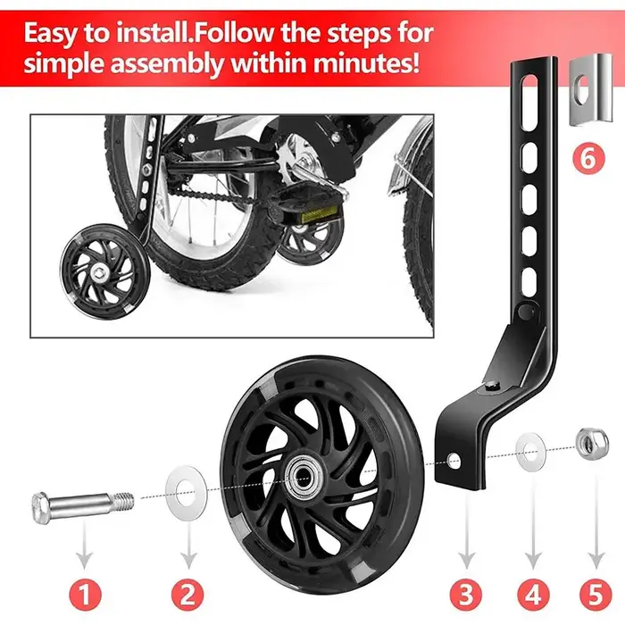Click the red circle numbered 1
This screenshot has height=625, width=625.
pos(84,595)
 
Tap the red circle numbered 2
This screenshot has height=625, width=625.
pos(187,595)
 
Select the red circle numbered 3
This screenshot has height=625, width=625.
pos(466,595)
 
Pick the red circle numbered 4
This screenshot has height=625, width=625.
pos(533,595)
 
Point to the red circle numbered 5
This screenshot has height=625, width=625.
pos(596,595)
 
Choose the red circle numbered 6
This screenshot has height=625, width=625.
pos(588,159)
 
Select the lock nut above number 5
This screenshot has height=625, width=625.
pos(592,443)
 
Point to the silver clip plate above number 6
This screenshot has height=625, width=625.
pos(590,88)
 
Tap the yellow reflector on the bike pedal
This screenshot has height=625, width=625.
pos(321,216)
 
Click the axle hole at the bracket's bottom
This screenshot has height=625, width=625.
pos(454,462)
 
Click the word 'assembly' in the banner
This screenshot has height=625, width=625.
pos(168,63)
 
